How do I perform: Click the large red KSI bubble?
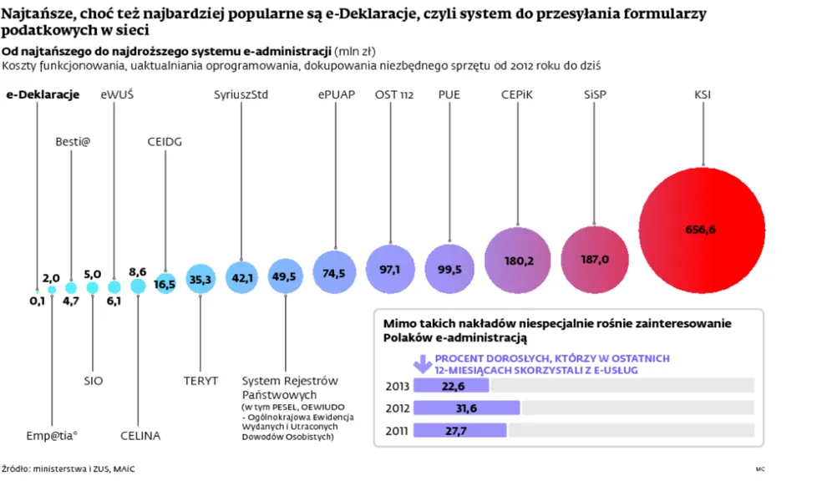click(x=702, y=228)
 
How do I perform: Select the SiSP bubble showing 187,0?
click(x=595, y=260)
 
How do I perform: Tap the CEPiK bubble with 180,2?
click(x=519, y=260)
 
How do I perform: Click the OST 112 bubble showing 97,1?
click(x=390, y=269)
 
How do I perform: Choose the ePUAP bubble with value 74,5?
click(x=336, y=272)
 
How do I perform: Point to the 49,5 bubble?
click(x=284, y=276)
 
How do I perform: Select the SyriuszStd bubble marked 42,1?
click(x=242, y=277)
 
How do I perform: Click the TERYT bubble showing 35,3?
click(x=200, y=280)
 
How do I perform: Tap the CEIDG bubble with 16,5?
click(x=165, y=284)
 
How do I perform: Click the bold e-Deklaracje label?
click(x=43, y=94)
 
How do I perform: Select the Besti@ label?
click(x=73, y=141)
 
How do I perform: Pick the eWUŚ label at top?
click(x=117, y=94)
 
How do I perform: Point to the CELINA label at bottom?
click(x=140, y=435)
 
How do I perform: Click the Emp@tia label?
click(x=52, y=435)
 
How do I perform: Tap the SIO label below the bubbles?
click(x=94, y=381)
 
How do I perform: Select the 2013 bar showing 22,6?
click(x=451, y=386)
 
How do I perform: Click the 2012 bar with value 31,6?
click(x=466, y=407)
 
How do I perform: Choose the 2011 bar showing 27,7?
click(x=459, y=430)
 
